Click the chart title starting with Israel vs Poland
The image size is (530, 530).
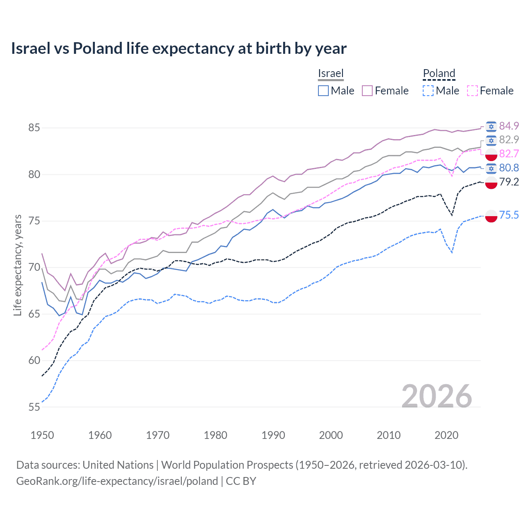178,48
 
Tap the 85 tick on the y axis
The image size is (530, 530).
34,128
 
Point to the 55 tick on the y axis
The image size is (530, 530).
34,407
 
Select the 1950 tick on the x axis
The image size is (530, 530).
42,435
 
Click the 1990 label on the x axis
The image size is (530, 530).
273,435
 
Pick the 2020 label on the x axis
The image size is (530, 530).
446,435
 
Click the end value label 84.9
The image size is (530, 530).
509,126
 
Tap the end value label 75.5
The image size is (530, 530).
509,215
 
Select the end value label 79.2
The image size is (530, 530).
509,182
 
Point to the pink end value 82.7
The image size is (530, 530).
509,154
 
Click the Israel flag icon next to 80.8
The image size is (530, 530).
491,168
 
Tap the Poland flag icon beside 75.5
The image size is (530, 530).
491,216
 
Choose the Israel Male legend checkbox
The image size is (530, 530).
323,91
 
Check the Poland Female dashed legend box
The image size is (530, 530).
472,91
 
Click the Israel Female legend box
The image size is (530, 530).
367,91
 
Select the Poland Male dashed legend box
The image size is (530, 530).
428,91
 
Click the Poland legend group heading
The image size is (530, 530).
439,73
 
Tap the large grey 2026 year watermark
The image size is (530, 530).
436,397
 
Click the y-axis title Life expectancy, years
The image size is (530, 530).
18,265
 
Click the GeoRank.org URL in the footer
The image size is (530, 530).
117,481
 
